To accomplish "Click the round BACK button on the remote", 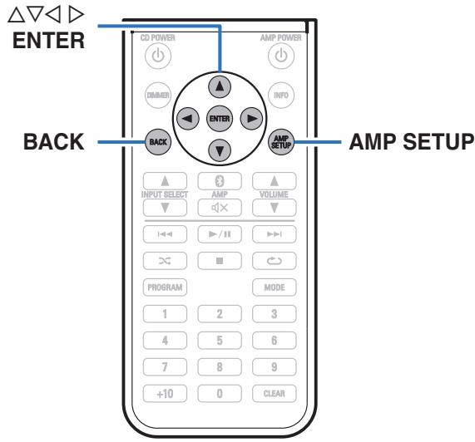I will (156, 142).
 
